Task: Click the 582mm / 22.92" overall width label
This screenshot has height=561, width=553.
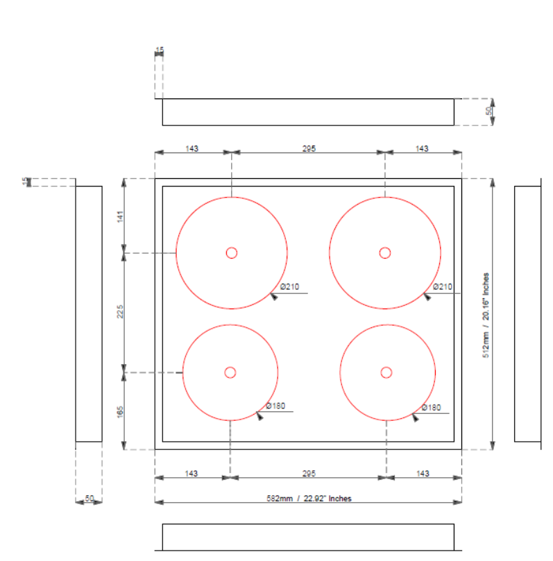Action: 309,498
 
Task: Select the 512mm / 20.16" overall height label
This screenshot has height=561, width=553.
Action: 486,314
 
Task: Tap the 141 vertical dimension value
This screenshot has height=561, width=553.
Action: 120,216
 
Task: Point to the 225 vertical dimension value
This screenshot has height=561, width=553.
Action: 120,313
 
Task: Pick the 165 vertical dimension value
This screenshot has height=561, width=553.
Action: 120,412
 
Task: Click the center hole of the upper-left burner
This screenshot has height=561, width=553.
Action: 232,252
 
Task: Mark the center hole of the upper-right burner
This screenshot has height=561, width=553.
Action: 385,252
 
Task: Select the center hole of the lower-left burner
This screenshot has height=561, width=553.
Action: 230,372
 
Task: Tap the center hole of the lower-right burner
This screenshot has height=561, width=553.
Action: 386,372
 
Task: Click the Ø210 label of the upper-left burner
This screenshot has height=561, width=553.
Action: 289,286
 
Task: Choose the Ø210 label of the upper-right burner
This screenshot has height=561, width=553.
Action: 442,286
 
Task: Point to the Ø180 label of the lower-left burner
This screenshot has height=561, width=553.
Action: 275,406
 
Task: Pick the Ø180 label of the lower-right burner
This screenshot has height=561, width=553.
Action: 432,407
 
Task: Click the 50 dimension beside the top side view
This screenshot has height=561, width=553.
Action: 488,112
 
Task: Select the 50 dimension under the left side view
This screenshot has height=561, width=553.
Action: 89,498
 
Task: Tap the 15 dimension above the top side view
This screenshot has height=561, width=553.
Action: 160,51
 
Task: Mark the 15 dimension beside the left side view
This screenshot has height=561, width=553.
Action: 26,182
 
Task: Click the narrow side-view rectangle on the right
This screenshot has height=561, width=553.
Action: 527,313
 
